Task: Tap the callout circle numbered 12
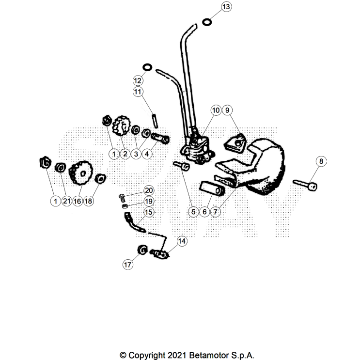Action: (138, 79)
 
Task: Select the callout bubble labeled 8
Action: (321, 161)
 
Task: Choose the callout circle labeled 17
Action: (127, 265)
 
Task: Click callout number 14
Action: (181, 240)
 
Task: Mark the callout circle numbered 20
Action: (148, 190)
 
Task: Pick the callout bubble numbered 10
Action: (216, 110)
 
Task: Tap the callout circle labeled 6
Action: (204, 212)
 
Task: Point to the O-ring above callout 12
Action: (148, 66)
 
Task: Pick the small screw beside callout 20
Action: (122, 197)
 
